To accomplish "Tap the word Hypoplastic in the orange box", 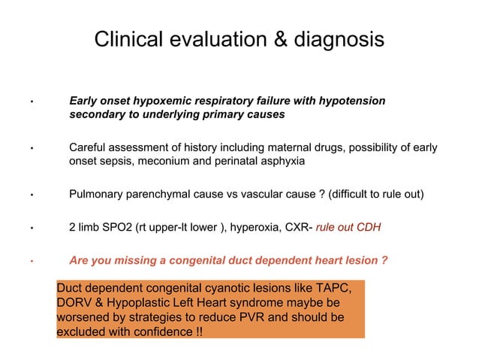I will pos(147,303).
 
